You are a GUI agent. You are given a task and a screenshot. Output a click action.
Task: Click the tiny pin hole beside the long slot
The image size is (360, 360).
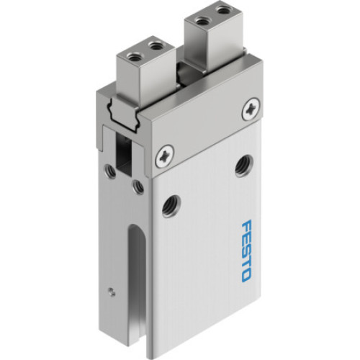point(109,292)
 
